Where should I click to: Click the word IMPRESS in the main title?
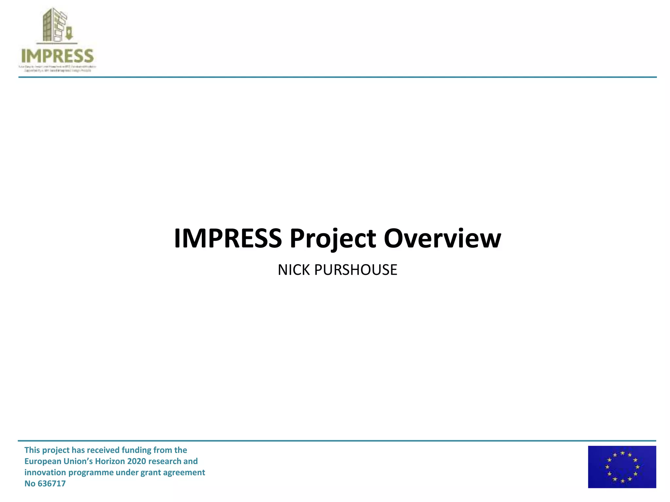pos(228,239)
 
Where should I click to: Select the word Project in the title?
pos(333,239)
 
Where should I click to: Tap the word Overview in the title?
pos(442,239)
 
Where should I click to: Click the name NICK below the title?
pos(293,270)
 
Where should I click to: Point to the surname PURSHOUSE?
pos(356,270)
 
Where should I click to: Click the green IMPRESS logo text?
pos(58,56)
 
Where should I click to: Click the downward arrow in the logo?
pos(69,34)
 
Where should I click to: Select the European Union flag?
pos(622,467)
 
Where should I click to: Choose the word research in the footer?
pos(164,461)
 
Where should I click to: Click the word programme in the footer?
pos(87,473)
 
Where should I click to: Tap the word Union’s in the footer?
pos(78,461)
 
